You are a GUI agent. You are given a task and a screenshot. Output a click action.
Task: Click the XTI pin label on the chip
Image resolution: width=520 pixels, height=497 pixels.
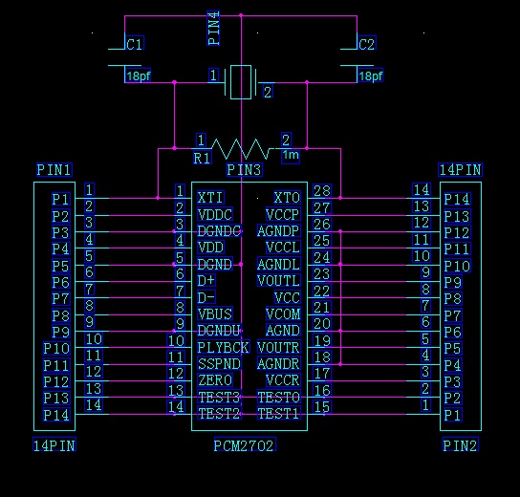[210, 198]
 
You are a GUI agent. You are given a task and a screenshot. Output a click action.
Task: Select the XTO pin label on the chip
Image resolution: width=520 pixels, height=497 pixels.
[287, 198]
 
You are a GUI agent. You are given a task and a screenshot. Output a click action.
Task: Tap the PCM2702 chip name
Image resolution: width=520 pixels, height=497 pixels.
[245, 445]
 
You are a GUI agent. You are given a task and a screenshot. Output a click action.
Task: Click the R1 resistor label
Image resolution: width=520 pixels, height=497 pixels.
[202, 158]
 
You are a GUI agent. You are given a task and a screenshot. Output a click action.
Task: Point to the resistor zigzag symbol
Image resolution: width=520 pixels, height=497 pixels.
[241, 149]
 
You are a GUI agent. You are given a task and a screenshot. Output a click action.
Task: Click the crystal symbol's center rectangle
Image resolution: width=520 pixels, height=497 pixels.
[241, 82]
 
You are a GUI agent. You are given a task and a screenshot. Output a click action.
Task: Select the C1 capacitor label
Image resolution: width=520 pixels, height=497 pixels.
[135, 44]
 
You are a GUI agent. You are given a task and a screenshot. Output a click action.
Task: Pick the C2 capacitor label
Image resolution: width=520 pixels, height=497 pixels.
[367, 44]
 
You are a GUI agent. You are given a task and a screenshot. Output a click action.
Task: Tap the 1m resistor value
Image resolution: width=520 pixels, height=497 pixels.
[291, 155]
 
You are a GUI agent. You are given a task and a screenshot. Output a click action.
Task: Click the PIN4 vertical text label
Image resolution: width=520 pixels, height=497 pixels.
[213, 28]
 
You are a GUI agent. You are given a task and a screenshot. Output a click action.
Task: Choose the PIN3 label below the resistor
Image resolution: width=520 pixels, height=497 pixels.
[244, 170]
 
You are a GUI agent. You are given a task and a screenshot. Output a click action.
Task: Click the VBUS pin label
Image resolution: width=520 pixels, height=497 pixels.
[215, 313]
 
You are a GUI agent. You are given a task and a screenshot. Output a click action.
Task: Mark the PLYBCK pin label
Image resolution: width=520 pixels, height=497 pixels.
[223, 347]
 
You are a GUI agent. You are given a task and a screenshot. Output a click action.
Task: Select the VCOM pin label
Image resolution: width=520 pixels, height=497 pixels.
[283, 313]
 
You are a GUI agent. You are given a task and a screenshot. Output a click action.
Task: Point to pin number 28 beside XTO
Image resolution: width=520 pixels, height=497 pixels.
[322, 190]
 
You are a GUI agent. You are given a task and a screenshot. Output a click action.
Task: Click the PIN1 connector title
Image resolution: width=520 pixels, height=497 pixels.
[54, 170]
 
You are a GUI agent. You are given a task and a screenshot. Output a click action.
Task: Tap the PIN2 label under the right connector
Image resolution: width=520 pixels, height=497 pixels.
[461, 445]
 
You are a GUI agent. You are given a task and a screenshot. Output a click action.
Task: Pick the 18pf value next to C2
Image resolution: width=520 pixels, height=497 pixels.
[371, 76]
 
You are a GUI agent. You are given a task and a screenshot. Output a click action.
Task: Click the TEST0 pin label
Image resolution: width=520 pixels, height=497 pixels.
[279, 397]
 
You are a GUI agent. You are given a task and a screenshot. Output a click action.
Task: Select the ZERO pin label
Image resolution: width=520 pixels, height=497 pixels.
[215, 380]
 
